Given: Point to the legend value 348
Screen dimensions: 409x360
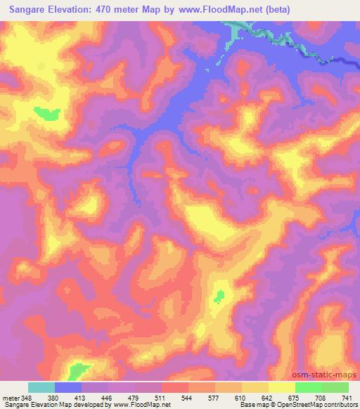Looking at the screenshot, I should tap(28, 398).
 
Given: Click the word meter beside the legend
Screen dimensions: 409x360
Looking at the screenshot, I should tap(10, 398).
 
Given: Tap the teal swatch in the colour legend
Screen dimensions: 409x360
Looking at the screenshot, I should tap(41, 387).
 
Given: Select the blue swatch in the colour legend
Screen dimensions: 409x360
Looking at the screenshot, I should tap(68, 387).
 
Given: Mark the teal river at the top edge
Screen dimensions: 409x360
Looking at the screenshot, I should tap(239, 32).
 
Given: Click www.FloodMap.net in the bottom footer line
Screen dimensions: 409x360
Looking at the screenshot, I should tap(140, 405).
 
